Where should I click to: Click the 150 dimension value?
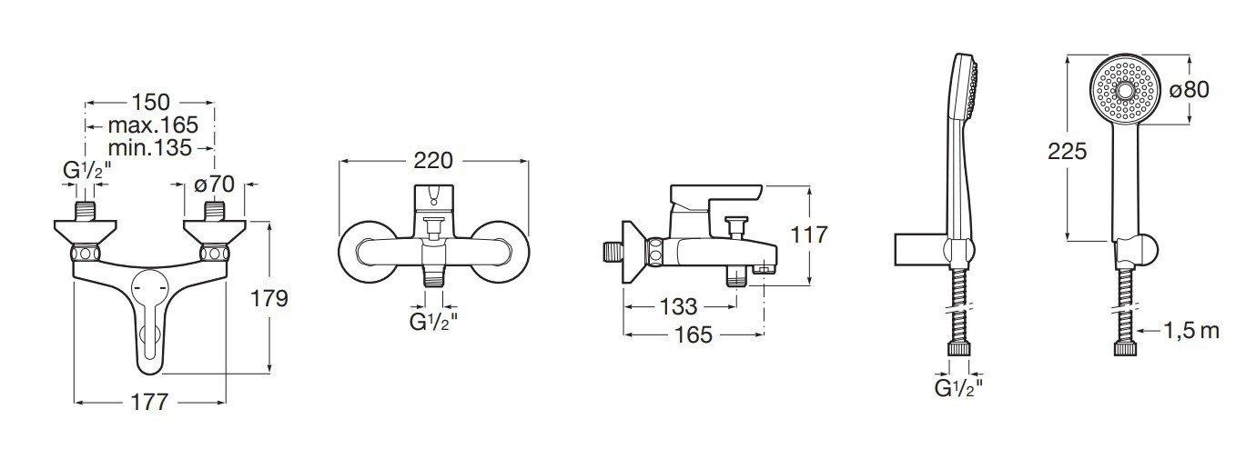150,103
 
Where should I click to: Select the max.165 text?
153,125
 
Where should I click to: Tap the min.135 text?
149,148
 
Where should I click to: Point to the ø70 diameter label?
214,185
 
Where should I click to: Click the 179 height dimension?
269,299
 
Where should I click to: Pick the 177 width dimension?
149,402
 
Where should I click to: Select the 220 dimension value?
433,161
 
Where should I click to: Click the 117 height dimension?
808,235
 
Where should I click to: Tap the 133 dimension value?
678,306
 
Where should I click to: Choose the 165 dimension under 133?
694,334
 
